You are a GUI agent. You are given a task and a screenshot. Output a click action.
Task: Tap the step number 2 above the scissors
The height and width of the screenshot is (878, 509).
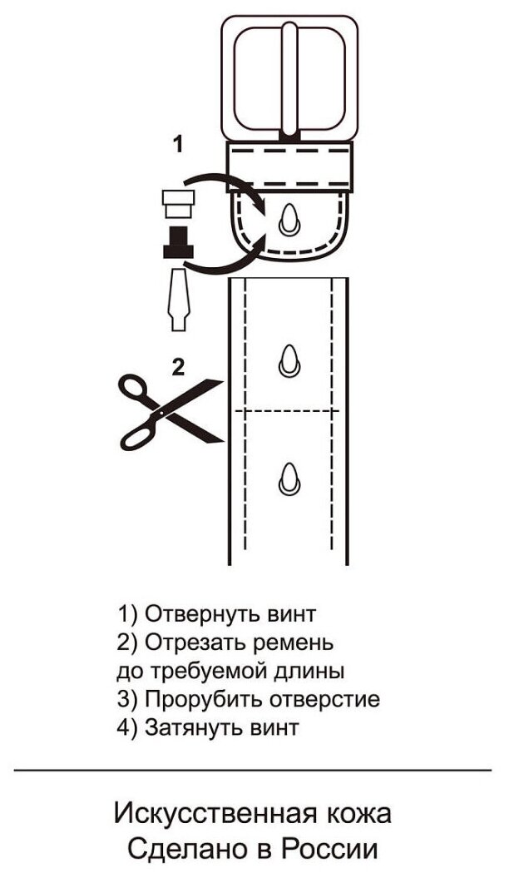[x=177, y=367]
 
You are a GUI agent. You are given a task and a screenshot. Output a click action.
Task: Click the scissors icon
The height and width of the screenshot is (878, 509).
[x=170, y=409]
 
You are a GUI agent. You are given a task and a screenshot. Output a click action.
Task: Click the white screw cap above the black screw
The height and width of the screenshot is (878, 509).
[x=177, y=201]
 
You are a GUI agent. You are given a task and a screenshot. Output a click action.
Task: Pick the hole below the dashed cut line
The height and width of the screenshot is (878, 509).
[x=289, y=476]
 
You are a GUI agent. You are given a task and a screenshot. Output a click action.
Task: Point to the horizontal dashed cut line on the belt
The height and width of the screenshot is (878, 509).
[x=289, y=411]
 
